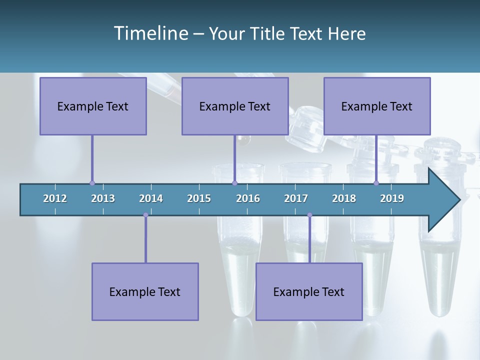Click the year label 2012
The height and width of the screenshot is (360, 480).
55,198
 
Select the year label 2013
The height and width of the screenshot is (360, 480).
103,198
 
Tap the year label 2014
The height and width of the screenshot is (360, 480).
151,198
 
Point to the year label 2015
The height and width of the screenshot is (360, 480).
199,198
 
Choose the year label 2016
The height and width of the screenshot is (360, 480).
248,198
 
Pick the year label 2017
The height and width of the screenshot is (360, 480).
296,198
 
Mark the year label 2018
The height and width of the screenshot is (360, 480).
344,198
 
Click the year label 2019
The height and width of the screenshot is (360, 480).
392,198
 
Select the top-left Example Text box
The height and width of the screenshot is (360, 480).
93,106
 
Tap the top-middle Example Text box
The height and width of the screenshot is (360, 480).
235,106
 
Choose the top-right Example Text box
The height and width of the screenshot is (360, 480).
377,106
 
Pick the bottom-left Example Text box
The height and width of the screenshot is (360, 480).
145,291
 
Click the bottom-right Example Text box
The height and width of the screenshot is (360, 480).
309,291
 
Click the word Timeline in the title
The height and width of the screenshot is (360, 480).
150,33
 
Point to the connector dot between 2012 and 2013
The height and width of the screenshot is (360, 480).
92,183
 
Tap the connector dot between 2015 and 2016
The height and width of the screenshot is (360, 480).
234,183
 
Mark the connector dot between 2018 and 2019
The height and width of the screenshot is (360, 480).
376,183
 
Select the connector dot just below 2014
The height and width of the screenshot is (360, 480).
145,215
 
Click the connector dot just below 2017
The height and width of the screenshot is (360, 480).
309,215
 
